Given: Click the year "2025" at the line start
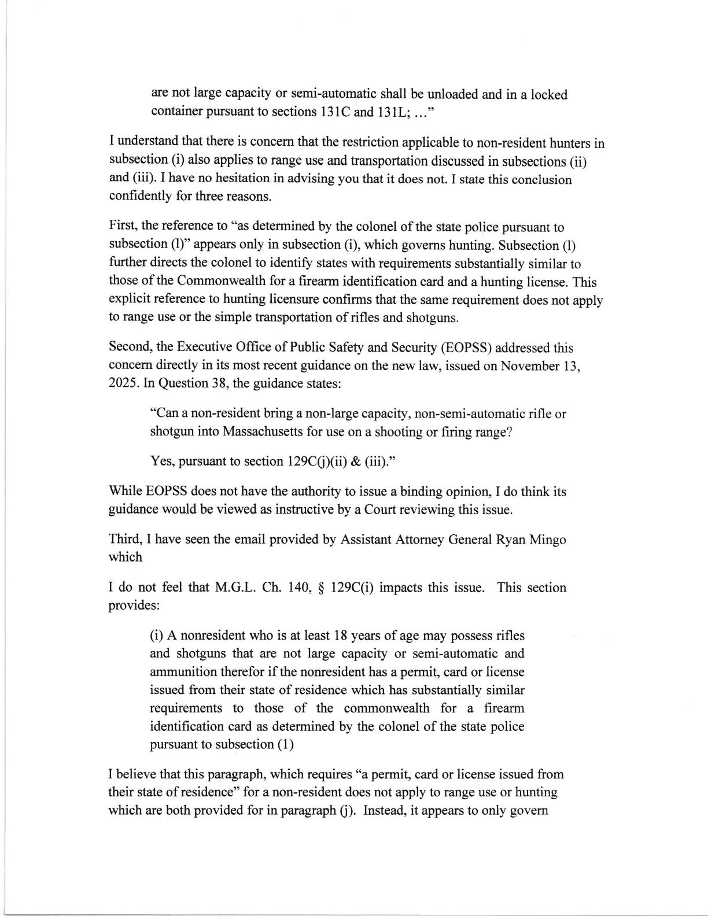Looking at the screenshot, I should pyautogui.click(x=121, y=383).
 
